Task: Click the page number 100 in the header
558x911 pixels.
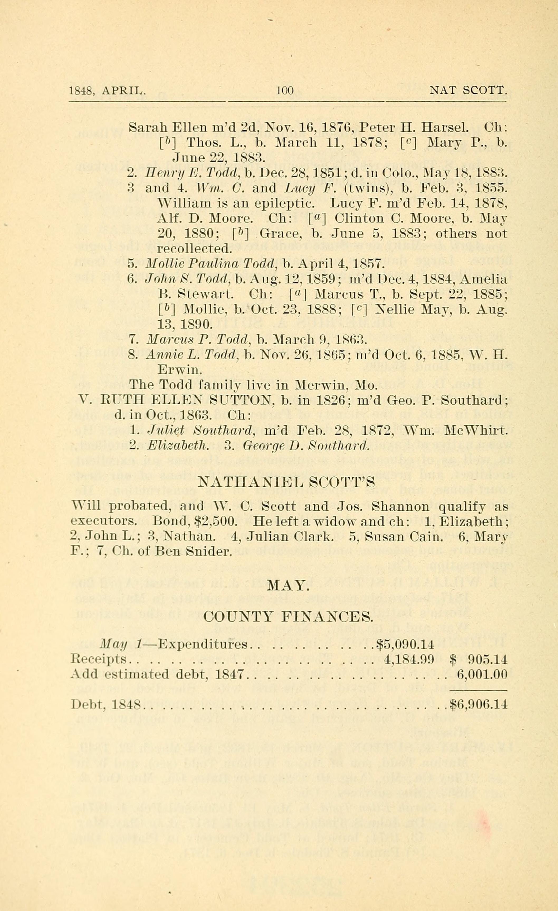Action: coord(285,90)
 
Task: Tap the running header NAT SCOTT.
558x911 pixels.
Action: coord(468,90)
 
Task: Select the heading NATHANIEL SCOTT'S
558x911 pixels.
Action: coord(287,482)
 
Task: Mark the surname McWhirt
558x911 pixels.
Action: coord(477,430)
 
